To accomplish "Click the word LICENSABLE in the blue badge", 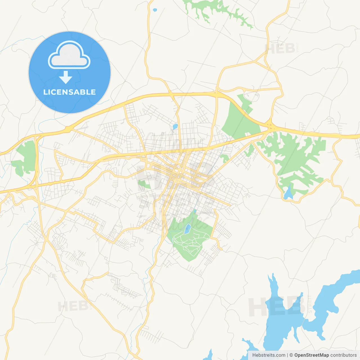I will click(x=69, y=92).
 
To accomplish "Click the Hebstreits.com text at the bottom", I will click(x=269, y=355).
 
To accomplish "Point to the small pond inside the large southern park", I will click(x=187, y=229).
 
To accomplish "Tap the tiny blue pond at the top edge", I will click(x=154, y=10).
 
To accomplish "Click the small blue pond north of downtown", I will click(x=175, y=127).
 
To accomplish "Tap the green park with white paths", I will click(x=190, y=239).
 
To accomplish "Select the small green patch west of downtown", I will click(x=144, y=184).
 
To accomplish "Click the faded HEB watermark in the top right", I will click(x=280, y=49).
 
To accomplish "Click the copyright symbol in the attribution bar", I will click(x=291, y=355).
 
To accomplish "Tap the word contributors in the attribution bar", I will click(x=343, y=355).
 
